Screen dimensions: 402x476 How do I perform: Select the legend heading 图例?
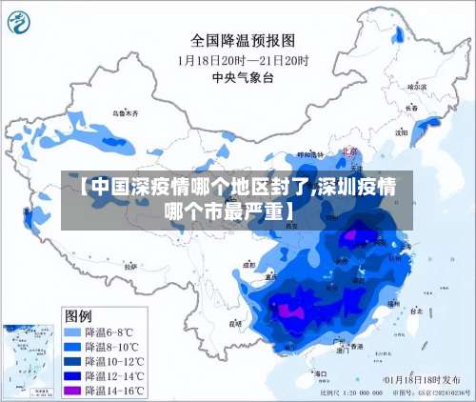click(x=78, y=314)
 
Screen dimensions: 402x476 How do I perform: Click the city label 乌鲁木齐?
click(x=125, y=113)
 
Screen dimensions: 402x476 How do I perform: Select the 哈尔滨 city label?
click(x=415, y=87)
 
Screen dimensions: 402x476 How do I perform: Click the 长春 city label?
click(x=411, y=108)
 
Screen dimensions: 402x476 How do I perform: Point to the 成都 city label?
click(x=249, y=266)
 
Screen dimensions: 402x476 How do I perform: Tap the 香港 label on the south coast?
click(x=356, y=347)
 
